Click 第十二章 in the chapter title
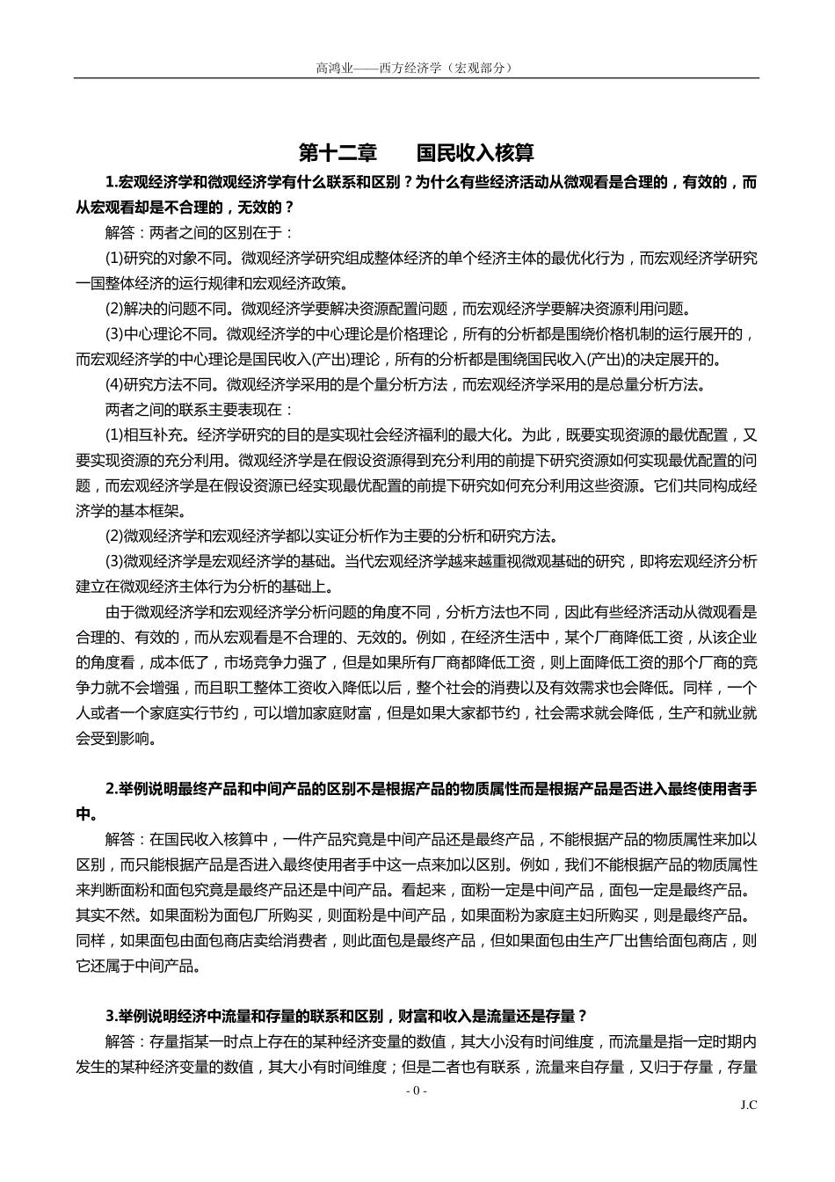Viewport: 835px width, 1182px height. click(x=338, y=152)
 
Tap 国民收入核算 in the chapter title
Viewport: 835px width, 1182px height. click(x=475, y=152)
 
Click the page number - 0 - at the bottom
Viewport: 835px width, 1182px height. click(x=417, y=1091)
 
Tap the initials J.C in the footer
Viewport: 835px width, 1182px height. click(x=748, y=1105)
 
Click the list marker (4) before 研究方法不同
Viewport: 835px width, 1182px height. click(x=114, y=384)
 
